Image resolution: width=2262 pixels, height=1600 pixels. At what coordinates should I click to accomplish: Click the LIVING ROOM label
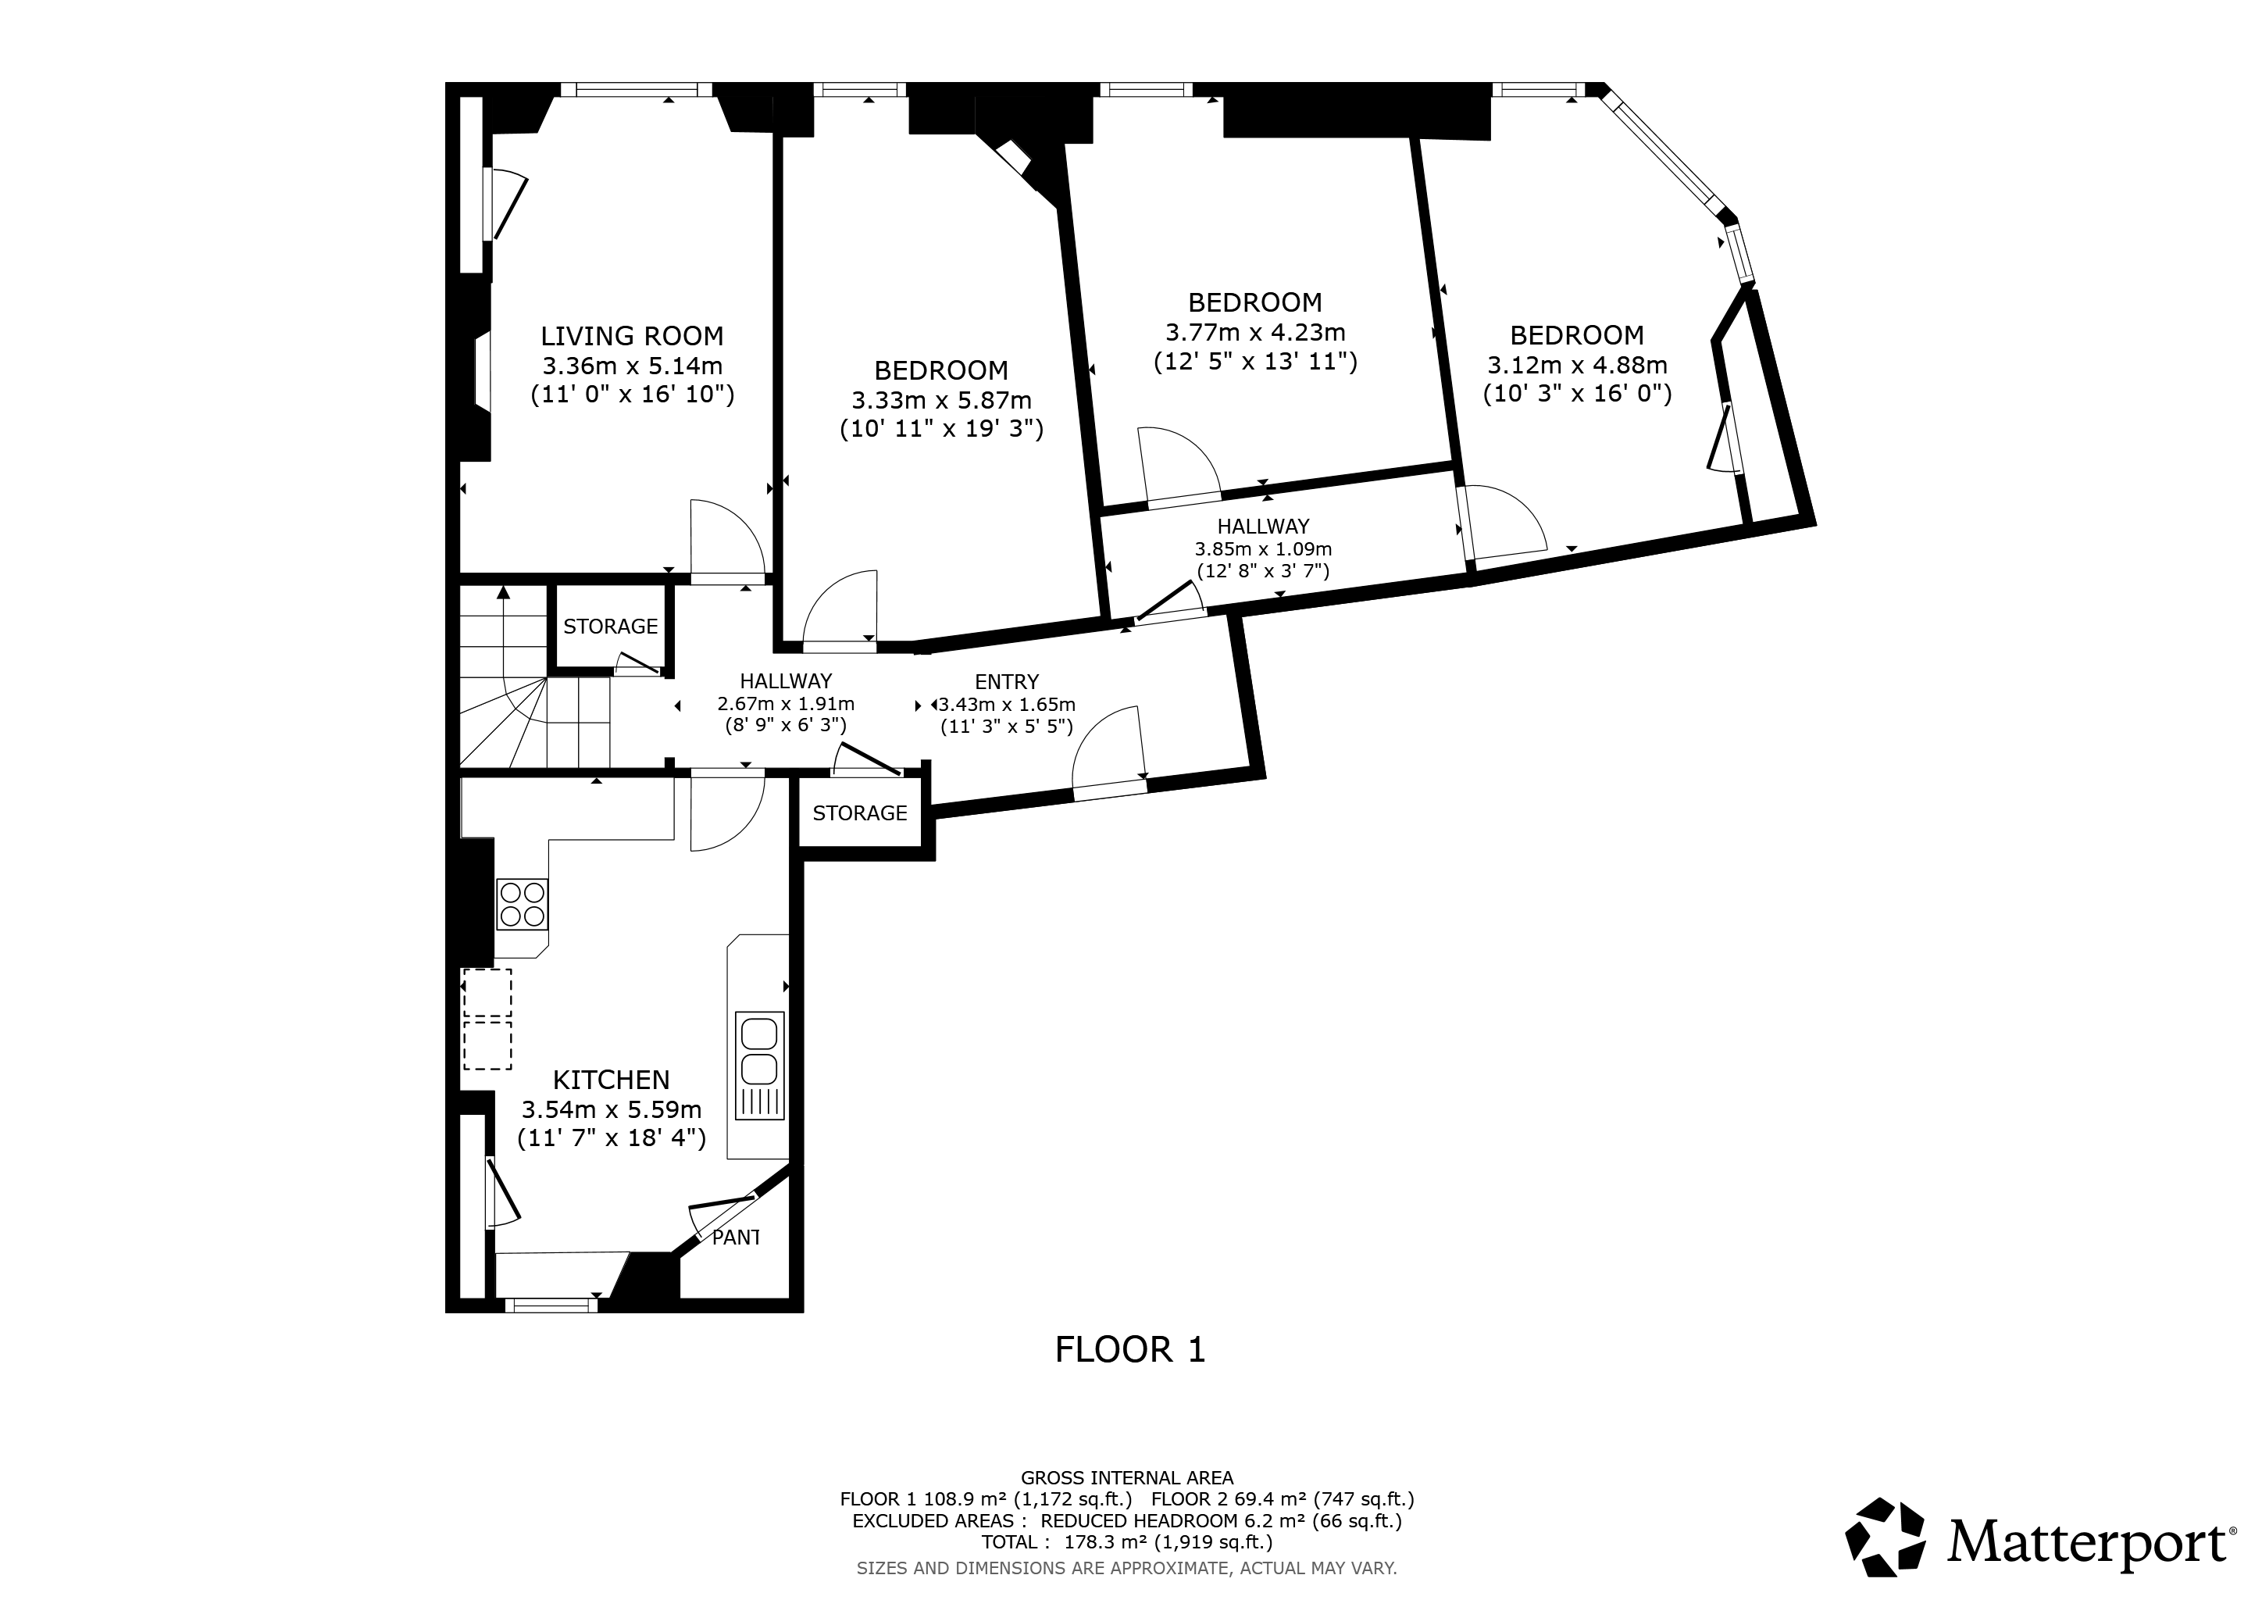coord(632,336)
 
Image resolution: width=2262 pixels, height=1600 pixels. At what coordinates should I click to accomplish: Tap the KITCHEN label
coord(611,1080)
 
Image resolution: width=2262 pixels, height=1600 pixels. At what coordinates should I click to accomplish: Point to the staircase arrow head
coord(504,591)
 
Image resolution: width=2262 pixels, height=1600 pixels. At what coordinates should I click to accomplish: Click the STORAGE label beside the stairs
coord(611,627)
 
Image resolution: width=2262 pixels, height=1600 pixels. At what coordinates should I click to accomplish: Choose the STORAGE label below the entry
coord(860,812)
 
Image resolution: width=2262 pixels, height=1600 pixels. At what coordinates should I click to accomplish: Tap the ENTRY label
coord(1007,682)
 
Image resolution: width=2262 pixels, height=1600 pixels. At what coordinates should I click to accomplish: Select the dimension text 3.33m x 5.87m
coord(942,401)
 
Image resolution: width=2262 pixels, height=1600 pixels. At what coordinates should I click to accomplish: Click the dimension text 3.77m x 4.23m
coord(1255,333)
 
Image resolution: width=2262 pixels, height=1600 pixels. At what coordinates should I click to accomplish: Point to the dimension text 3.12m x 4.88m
coord(1577,366)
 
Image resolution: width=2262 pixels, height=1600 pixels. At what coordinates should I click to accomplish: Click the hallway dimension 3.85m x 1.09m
coord(1263,548)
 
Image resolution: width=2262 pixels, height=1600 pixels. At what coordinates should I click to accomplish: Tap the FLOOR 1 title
coord(1130,1348)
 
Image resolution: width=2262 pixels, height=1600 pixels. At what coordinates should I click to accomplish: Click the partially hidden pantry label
coord(736,1237)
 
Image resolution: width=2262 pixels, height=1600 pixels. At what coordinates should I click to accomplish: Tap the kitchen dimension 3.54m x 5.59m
coord(611,1109)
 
